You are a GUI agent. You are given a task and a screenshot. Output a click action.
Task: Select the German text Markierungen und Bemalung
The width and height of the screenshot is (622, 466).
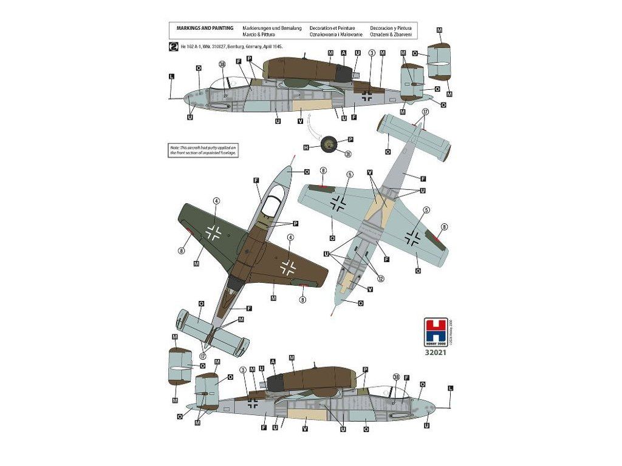272,28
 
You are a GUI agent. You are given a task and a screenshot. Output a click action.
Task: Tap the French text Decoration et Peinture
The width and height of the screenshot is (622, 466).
336,28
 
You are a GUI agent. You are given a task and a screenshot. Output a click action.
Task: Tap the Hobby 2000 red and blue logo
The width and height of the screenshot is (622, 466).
436,332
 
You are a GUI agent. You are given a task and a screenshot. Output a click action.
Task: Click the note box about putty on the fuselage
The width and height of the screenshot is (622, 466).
203,150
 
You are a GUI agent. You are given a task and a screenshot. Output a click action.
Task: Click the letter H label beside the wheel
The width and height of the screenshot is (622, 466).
306,147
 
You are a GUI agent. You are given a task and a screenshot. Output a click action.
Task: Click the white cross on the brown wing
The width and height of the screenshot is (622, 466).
287,265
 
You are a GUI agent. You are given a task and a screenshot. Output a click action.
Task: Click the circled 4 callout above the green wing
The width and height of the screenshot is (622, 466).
216,200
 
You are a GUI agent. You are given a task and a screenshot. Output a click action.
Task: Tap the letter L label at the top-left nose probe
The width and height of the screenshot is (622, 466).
172,76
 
